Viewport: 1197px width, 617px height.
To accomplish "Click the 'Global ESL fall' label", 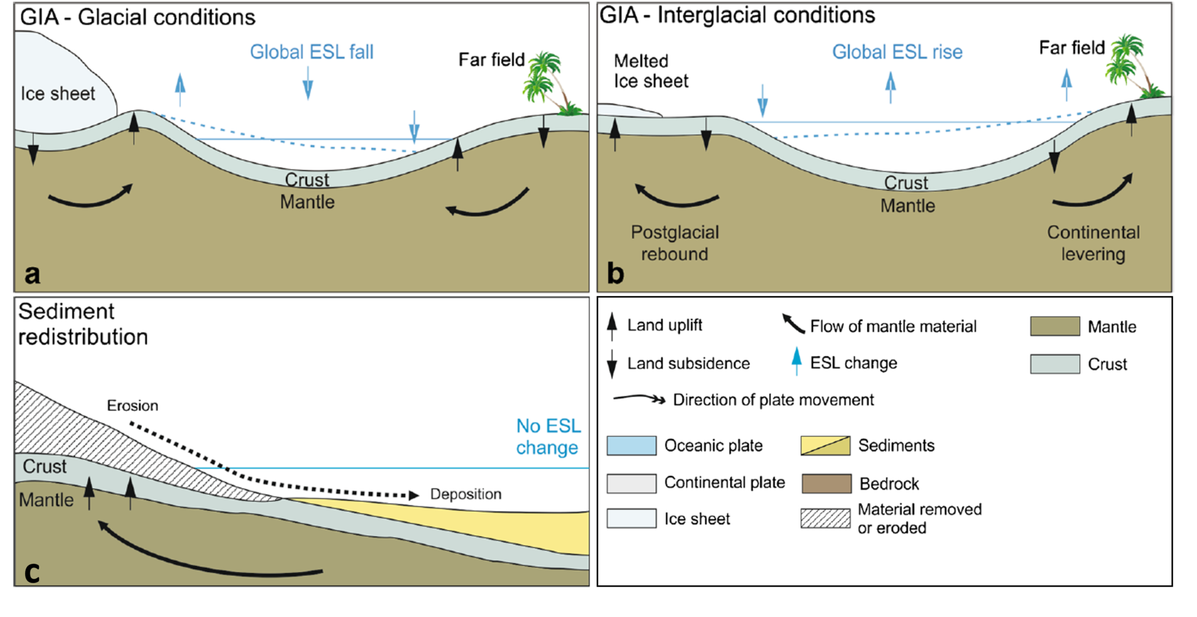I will [x=312, y=52].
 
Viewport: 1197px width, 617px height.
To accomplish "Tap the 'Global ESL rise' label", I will [x=897, y=52].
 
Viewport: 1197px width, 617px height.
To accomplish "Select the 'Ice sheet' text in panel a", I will [x=57, y=93].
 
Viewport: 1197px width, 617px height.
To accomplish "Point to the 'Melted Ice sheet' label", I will [x=651, y=71].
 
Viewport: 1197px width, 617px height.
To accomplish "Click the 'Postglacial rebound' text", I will [x=674, y=243].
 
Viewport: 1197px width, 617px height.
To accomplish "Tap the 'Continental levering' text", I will [x=1093, y=243].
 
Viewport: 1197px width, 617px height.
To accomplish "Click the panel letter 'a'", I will [x=32, y=274].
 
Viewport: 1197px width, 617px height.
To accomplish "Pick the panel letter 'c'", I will [x=32, y=572].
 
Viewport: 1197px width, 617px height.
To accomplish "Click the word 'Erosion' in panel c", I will [x=133, y=405].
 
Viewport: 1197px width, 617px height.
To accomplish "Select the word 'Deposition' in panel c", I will [x=466, y=494].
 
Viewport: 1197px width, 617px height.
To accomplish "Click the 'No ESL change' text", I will [x=548, y=436].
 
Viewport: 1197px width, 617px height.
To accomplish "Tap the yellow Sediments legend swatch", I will [x=825, y=446].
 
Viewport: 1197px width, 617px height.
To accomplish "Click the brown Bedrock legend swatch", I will [x=825, y=484].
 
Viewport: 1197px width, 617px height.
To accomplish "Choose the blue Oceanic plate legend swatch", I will [x=631, y=446].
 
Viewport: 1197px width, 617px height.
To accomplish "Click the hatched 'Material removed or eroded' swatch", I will [x=825, y=518].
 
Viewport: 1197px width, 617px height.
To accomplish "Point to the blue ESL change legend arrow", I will [x=797, y=361].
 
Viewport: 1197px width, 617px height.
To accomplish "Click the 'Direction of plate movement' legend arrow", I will [x=639, y=399].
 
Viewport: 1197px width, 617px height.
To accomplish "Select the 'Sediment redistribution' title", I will [x=82, y=324].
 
